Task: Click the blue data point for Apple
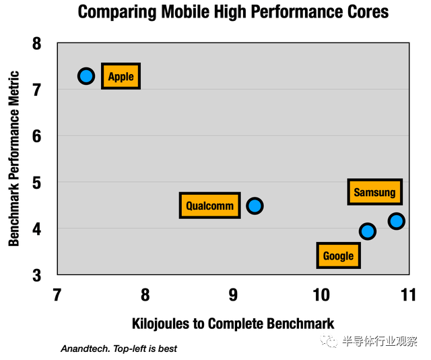point(86,76)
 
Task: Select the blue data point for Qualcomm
point(254,206)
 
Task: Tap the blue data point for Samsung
point(396,220)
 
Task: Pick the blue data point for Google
point(367,231)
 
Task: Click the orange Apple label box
point(121,76)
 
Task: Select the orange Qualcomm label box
point(210,206)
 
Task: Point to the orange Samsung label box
point(374,192)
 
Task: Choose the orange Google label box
point(338,256)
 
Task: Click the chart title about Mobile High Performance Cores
point(233,12)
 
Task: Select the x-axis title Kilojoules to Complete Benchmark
point(232,323)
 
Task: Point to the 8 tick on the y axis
point(36,44)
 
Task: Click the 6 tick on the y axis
point(36,136)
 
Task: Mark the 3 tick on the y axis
point(36,275)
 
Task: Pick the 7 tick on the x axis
point(57,295)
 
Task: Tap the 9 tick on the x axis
point(233,295)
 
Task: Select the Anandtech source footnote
point(119,349)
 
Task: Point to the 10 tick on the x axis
point(321,295)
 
